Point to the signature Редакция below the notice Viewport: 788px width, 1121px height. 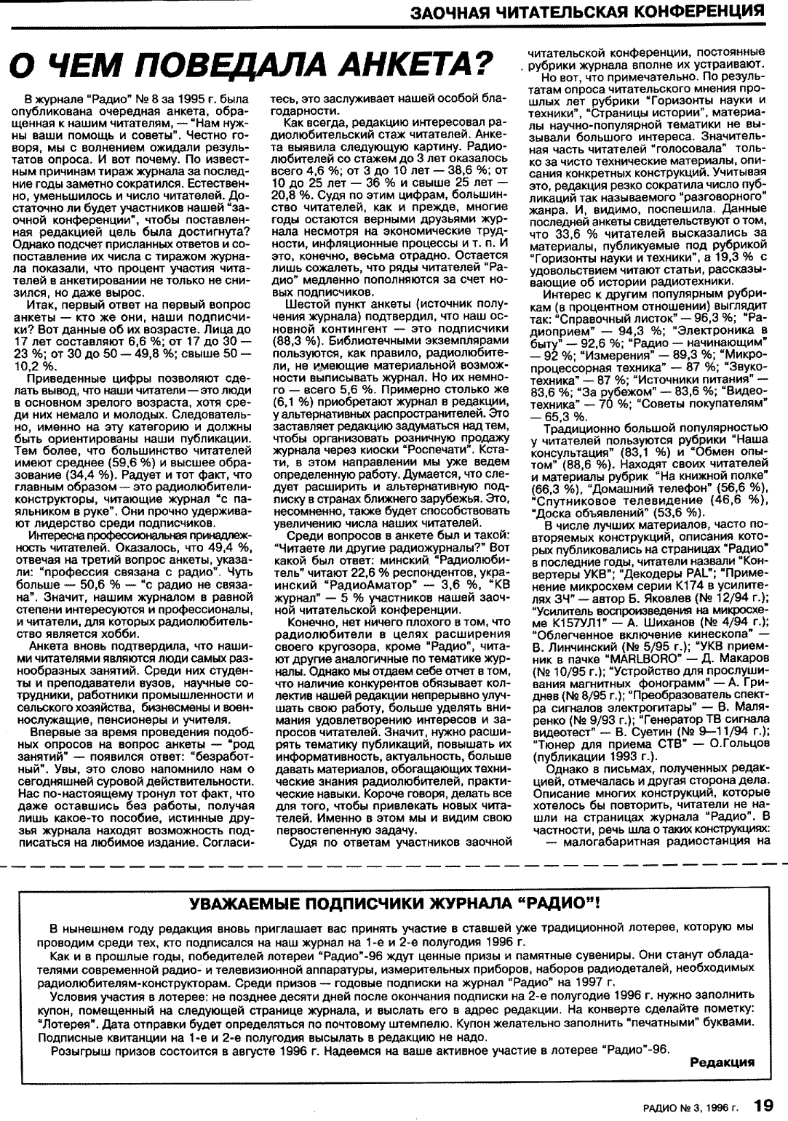point(722,1061)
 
